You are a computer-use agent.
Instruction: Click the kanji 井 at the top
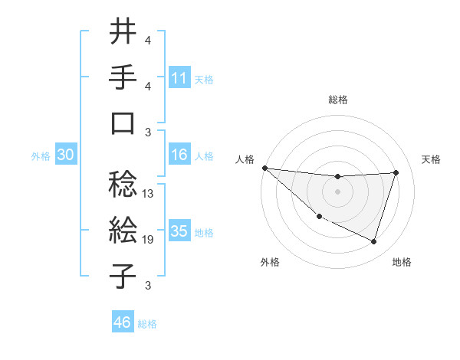[123, 32]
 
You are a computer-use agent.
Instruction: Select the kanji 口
[123, 123]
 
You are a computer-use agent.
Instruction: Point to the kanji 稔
[123, 183]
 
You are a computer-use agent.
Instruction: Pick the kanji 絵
[123, 230]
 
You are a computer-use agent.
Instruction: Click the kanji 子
[123, 275]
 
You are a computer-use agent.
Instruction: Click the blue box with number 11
[179, 78]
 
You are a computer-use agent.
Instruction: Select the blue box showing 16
[179, 155]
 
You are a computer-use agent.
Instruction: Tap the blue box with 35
[179, 232]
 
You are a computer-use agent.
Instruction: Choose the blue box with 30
[66, 155]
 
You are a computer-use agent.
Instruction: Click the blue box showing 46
[122, 322]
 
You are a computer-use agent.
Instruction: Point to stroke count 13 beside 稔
[148, 194]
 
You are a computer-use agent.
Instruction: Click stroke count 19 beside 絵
[148, 240]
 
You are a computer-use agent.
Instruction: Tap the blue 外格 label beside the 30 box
[41, 156]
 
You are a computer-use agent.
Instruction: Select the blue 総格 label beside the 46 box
[147, 323]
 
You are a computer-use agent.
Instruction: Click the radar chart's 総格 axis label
[338, 100]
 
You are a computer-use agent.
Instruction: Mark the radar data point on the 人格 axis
[264, 168]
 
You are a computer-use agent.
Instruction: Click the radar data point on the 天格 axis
[396, 172]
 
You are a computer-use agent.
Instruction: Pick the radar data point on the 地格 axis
[374, 242]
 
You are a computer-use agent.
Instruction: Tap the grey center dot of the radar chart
[338, 191]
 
